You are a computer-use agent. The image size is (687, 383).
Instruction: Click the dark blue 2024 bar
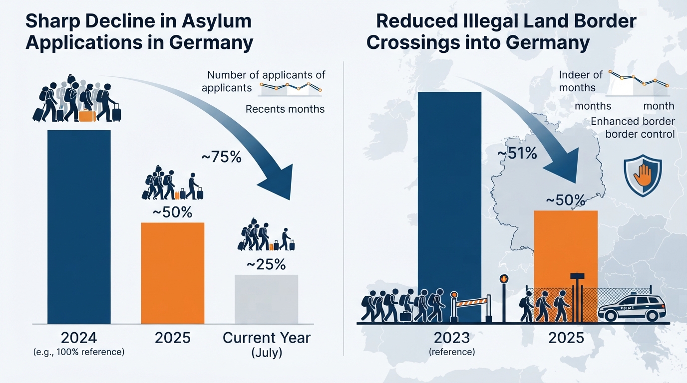tap(79, 227)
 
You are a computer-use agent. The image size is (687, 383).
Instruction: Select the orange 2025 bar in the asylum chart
tap(173, 273)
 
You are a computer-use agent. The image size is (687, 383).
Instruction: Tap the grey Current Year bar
tap(266, 299)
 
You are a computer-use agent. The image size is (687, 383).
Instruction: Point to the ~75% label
tap(222, 157)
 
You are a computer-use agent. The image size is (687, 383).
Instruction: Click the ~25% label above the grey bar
tap(266, 265)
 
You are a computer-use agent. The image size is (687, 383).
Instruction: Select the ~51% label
tap(517, 153)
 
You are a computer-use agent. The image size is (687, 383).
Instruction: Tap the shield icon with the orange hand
tap(643, 176)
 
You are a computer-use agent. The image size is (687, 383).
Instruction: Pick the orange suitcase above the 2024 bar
tap(87, 116)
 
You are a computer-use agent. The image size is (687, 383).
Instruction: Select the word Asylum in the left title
tap(216, 21)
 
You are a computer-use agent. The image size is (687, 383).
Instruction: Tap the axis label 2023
tap(452, 338)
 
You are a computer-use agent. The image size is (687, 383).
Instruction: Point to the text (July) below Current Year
tap(267, 353)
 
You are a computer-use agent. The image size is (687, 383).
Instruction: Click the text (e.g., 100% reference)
tap(79, 352)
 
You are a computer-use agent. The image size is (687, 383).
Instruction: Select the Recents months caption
tap(285, 109)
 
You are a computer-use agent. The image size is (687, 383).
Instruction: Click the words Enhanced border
tap(633, 122)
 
